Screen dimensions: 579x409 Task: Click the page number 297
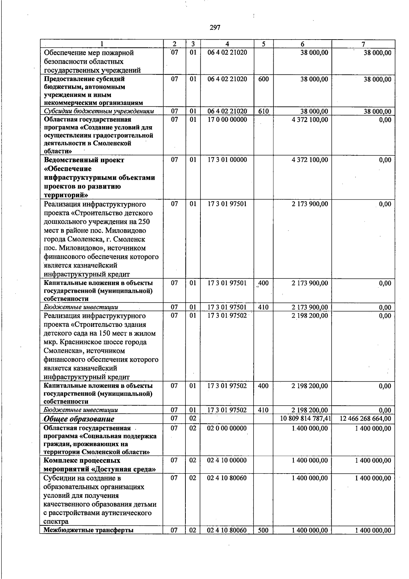215,28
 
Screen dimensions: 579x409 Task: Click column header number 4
227,44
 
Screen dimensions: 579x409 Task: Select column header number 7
363,44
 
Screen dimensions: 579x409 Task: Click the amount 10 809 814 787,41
305,419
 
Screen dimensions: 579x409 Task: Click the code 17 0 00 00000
227,120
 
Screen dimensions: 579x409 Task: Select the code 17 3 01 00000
227,160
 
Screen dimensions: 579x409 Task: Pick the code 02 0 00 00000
227,428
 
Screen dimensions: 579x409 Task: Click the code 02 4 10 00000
227,460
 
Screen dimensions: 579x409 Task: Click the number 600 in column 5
263,79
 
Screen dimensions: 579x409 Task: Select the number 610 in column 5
263,111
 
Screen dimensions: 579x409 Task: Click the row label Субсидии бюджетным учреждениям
99,111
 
